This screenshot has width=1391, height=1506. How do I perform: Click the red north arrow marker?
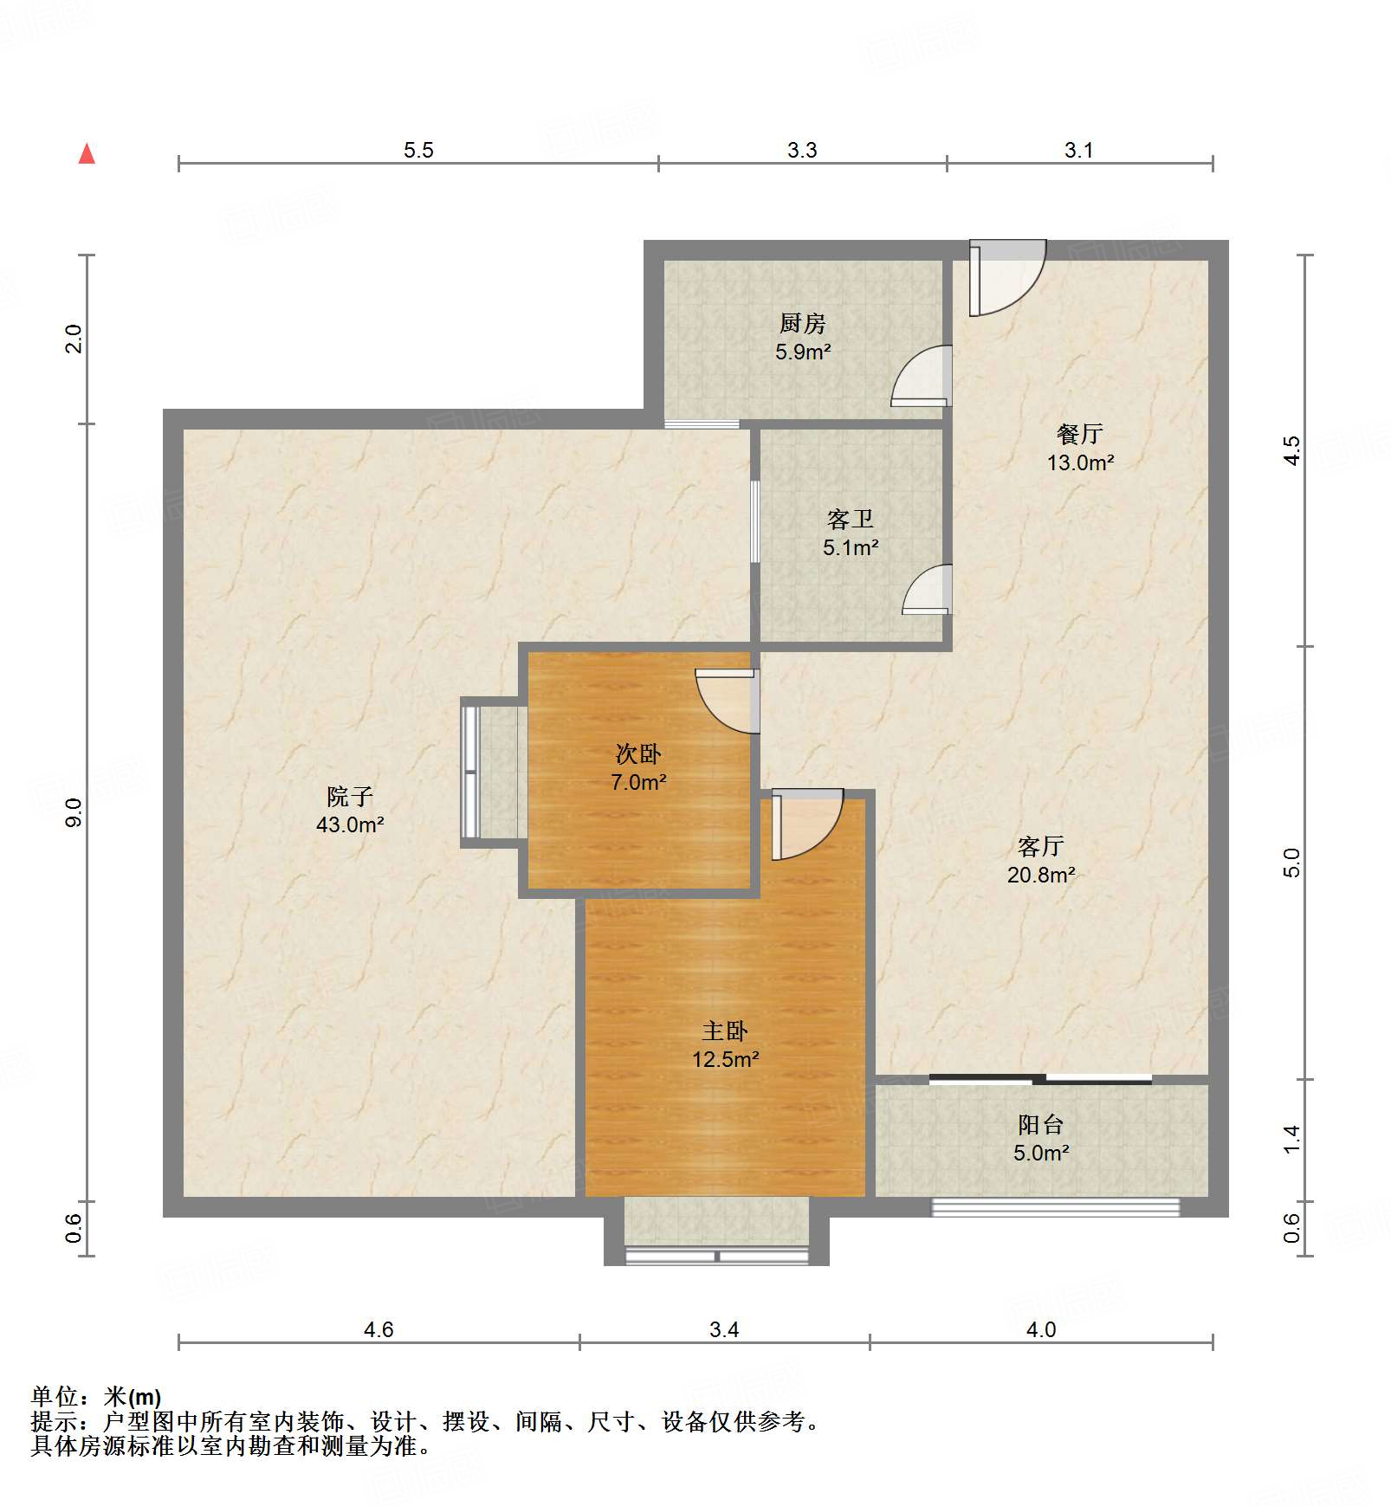tap(87, 154)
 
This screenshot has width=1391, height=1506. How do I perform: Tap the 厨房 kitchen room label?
tap(802, 323)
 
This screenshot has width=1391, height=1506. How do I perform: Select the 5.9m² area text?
tap(803, 352)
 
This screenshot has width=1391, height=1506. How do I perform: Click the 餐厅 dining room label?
tap(1079, 433)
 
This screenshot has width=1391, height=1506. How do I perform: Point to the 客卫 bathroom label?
tap(850, 519)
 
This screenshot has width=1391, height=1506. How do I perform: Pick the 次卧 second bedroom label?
tap(638, 753)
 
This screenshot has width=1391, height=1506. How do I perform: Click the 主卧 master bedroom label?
tap(724, 1031)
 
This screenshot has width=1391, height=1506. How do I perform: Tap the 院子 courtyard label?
tap(349, 796)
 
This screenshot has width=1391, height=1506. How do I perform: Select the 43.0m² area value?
tap(350, 824)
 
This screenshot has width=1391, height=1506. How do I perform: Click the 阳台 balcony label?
tap(1040, 1124)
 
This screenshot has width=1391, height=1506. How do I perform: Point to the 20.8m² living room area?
tap(1041, 875)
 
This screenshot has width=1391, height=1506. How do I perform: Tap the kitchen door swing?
tap(922, 376)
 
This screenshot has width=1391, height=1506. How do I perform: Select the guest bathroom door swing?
tap(927, 590)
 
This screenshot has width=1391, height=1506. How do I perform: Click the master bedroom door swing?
tap(806, 824)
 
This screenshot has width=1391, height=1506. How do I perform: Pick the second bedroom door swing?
tap(728, 701)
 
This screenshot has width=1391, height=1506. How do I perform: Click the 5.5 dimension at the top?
tap(418, 150)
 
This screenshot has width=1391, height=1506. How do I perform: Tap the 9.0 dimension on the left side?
tap(74, 812)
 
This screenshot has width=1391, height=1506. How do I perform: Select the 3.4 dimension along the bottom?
tap(724, 1329)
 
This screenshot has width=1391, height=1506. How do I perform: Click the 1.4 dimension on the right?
tap(1291, 1139)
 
